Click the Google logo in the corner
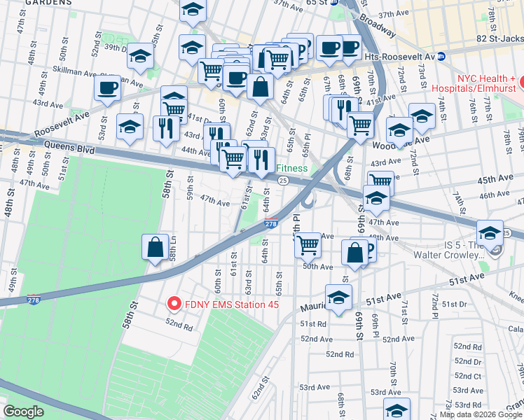pyautogui.click(x=24, y=412)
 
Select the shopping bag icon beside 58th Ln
pyautogui.click(x=155, y=247)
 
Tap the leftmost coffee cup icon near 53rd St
pyautogui.click(x=107, y=89)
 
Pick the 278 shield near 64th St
pyautogui.click(x=272, y=224)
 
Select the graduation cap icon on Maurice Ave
pyautogui.click(x=338, y=297)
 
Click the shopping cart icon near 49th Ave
pyautogui.click(x=308, y=246)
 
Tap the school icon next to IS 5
pyautogui.click(x=490, y=233)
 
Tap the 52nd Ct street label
pyautogui.click(x=467, y=377)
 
